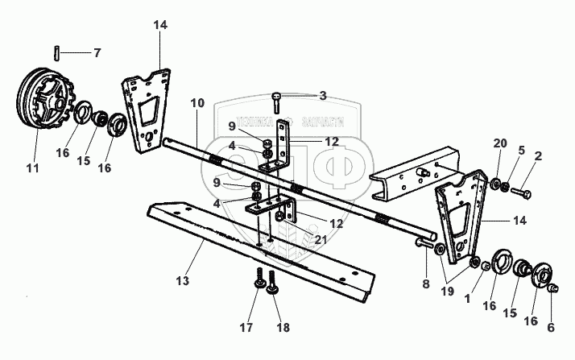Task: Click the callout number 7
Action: click(x=97, y=53)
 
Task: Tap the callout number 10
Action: click(x=199, y=104)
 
